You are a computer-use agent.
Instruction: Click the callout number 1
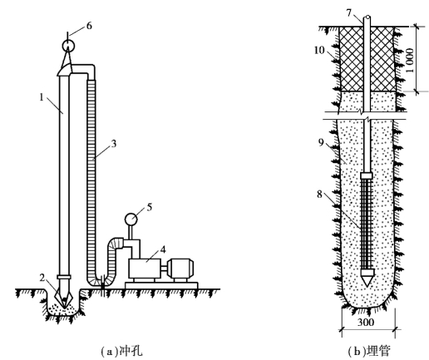(x=42, y=97)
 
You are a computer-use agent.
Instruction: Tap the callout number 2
(x=42, y=278)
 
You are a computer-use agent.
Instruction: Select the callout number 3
(x=114, y=144)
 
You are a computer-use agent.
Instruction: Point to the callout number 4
(x=163, y=249)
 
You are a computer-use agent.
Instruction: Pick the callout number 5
(x=150, y=207)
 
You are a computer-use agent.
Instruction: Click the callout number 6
(x=89, y=26)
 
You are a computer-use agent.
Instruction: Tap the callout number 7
(x=349, y=12)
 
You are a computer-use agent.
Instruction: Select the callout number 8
(x=320, y=195)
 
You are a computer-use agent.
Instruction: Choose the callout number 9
(x=321, y=142)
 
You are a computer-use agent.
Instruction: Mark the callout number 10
(x=319, y=50)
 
